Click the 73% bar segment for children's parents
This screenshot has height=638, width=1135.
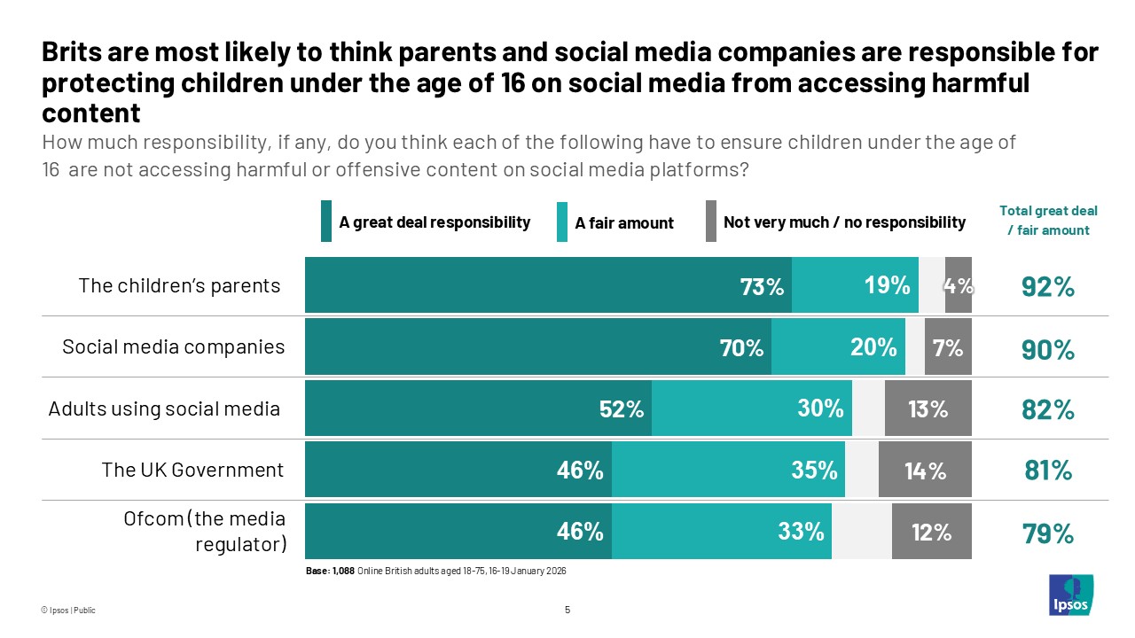coord(548,285)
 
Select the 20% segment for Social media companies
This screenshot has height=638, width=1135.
coord(838,347)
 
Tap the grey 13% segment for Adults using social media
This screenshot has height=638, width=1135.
coord(928,408)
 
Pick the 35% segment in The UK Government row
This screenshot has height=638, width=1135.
coord(728,470)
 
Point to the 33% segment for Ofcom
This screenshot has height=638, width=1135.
coord(721,532)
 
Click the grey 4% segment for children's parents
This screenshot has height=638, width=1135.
coord(959,285)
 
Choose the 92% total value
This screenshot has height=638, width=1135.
coord(1048,287)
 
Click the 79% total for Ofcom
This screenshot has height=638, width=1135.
coord(1048,533)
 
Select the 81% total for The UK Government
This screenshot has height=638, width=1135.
coord(1048,470)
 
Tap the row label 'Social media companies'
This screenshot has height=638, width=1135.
coord(174,346)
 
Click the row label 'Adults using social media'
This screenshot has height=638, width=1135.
coord(164,408)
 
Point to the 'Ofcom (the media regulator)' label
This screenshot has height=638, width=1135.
coord(205,531)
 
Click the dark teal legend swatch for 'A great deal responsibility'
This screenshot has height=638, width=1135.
coord(325,222)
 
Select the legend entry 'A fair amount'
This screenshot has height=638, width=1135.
coord(624,223)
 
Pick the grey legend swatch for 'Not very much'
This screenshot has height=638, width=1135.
coord(711,222)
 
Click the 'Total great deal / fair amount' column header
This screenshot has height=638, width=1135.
coord(1048,220)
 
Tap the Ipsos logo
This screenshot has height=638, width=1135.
coord(1071,595)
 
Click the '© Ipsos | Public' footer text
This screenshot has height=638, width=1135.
coord(68,611)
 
